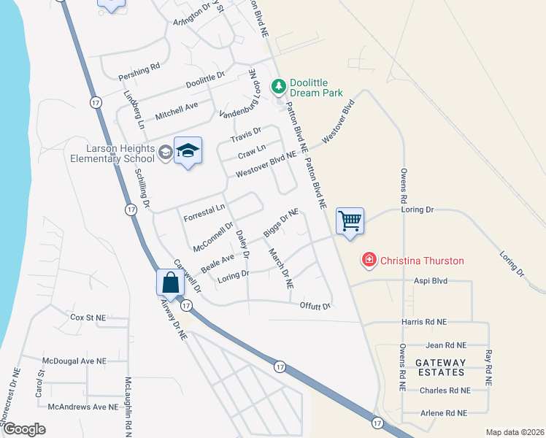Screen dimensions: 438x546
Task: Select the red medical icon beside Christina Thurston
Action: click(x=369, y=261)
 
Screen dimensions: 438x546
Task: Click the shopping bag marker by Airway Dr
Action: click(x=169, y=282)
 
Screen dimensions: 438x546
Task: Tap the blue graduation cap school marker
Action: click(x=188, y=150)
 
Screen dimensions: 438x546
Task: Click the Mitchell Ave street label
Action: click(x=177, y=111)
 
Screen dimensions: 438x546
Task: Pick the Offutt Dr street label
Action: click(x=315, y=306)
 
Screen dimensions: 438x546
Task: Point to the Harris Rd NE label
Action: click(x=423, y=322)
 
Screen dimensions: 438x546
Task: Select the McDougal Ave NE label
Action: click(x=74, y=361)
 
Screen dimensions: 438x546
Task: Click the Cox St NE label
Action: click(x=88, y=318)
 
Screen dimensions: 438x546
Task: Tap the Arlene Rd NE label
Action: click(x=443, y=413)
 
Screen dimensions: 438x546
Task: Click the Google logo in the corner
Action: click(x=24, y=429)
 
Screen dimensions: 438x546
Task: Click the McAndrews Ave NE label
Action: click(x=82, y=406)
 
